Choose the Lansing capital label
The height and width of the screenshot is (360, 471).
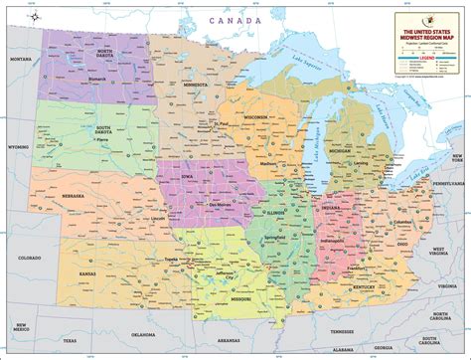pyautogui.click(x=360, y=163)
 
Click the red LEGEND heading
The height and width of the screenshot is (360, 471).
pyautogui.click(x=428, y=60)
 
